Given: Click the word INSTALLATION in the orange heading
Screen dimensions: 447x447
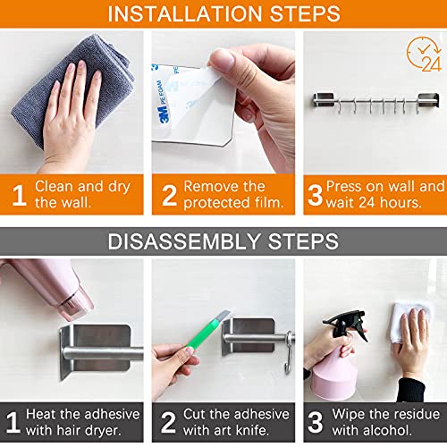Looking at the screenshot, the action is [186, 13].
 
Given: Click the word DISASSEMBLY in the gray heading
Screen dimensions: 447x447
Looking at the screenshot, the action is [184, 241].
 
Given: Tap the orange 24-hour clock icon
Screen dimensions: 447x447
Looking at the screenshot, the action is [424, 54].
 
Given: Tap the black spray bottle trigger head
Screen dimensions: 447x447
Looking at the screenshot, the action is [347, 325].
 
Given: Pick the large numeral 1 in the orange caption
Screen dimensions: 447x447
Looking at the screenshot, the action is [19, 195].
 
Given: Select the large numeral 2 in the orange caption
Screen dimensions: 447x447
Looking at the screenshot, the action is [169, 195].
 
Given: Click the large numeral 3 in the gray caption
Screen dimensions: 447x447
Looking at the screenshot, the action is [316, 422].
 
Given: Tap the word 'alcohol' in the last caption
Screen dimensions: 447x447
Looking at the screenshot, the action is [372, 430].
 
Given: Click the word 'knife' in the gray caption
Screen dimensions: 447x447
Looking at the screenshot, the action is [251, 430].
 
